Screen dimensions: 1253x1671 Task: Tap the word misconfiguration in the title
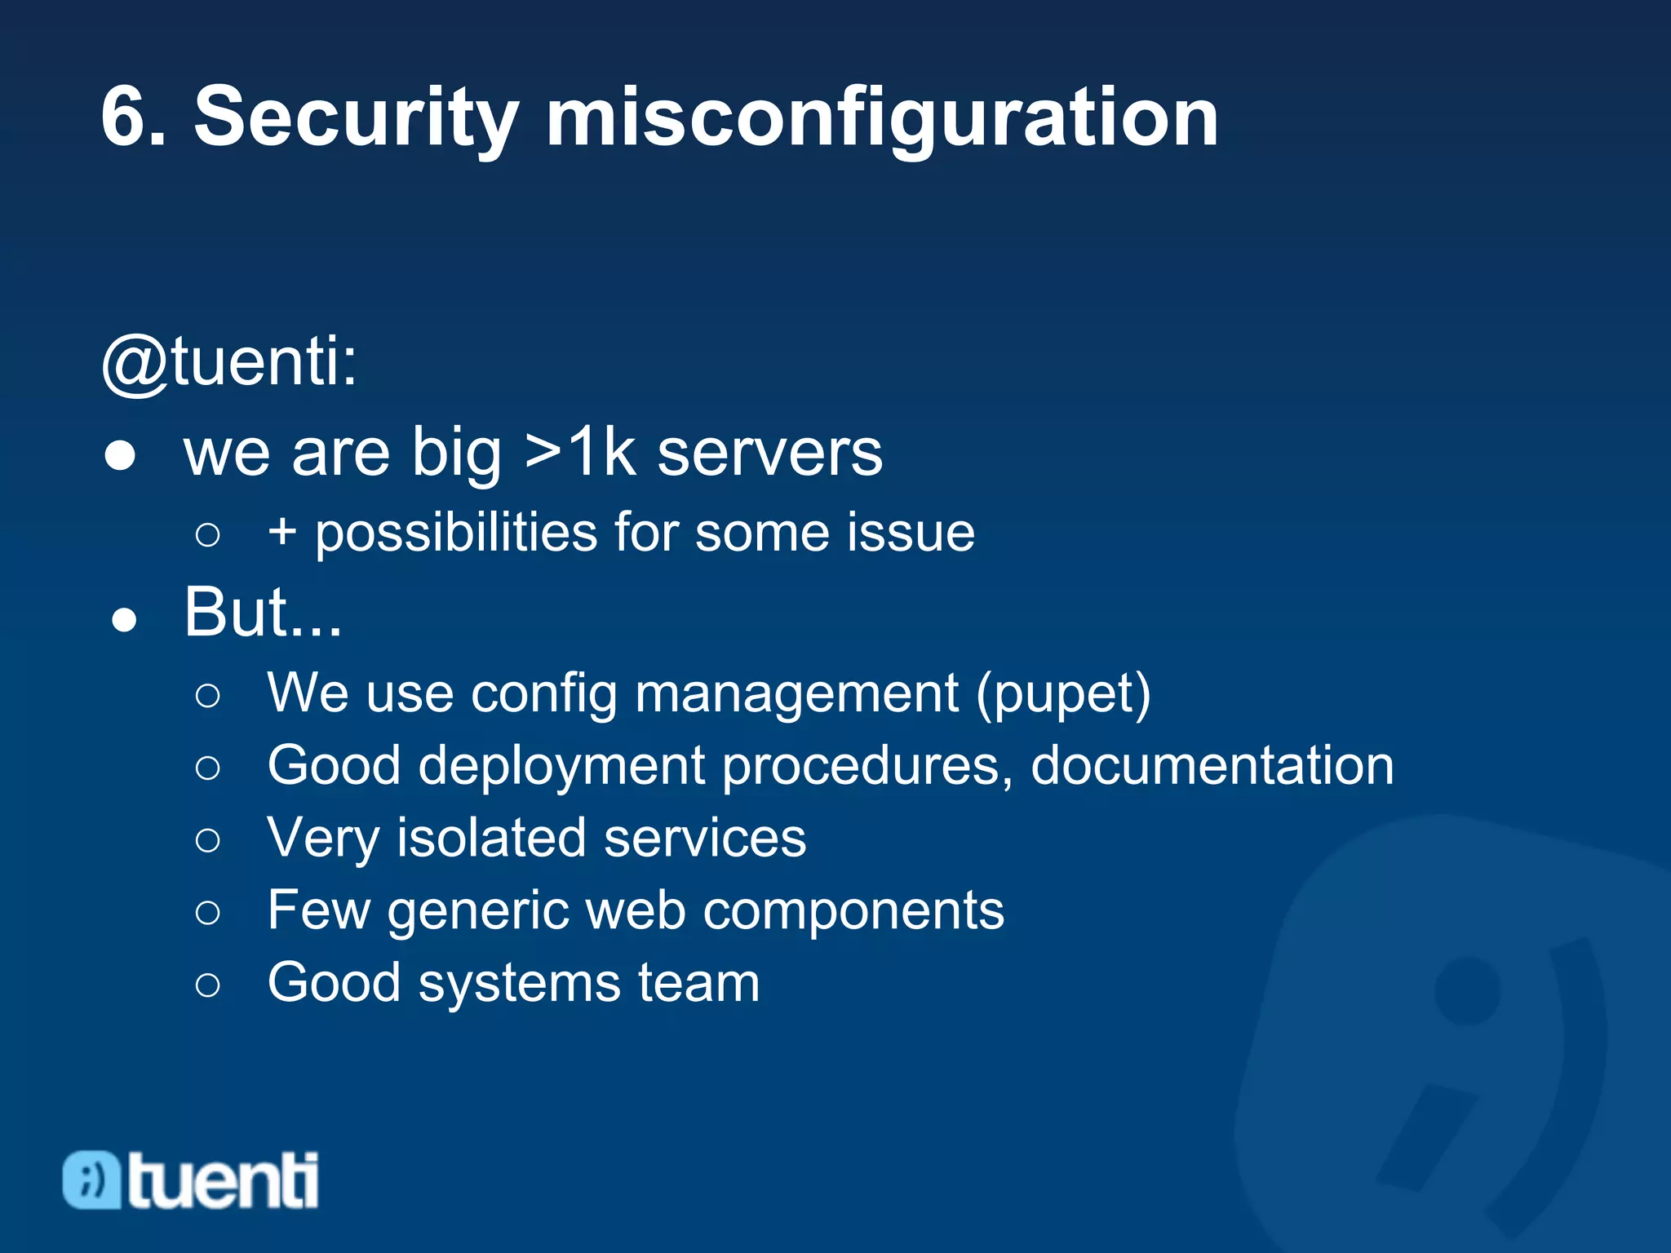(x=881, y=119)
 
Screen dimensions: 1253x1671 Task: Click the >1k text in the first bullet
(x=580, y=452)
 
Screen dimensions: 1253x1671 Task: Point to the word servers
(x=769, y=454)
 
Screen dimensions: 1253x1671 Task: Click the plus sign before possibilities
(x=282, y=532)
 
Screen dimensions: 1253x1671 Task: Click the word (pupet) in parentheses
(x=1063, y=694)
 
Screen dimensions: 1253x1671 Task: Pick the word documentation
(x=1212, y=766)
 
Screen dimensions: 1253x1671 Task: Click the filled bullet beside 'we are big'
(x=121, y=455)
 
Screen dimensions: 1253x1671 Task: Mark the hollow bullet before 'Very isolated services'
(x=208, y=840)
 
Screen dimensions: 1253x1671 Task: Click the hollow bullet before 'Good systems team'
(x=208, y=985)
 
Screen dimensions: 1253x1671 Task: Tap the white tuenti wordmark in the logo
(x=223, y=1180)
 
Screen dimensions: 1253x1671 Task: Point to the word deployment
(x=561, y=768)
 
